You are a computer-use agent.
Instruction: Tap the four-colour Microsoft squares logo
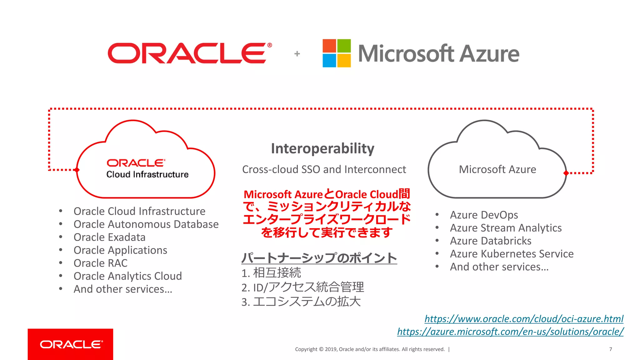coord(337,53)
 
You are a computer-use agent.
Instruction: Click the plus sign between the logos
coord(297,54)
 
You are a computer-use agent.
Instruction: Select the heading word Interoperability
coord(322,148)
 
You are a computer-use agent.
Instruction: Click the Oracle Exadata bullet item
coord(109,237)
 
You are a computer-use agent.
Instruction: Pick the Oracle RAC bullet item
coord(100,263)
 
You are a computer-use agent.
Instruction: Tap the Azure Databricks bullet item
coord(490,241)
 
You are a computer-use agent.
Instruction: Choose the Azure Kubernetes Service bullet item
coord(512,254)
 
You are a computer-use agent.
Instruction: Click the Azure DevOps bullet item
coord(484,215)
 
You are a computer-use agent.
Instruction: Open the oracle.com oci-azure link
coord(524,319)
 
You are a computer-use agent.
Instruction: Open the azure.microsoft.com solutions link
coord(510,332)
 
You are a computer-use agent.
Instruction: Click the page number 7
coord(611,349)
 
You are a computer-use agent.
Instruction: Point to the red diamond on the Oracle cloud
coord(77,170)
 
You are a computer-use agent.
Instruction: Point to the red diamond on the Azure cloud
coord(566,173)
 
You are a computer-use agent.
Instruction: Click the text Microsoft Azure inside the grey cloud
coord(497,169)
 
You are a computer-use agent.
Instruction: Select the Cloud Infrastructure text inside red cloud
coord(147,174)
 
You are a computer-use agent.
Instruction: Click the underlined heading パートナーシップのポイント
coord(319,258)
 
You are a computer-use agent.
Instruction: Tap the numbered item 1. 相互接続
coord(271,273)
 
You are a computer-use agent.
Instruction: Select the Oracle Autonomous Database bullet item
coord(146,224)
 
